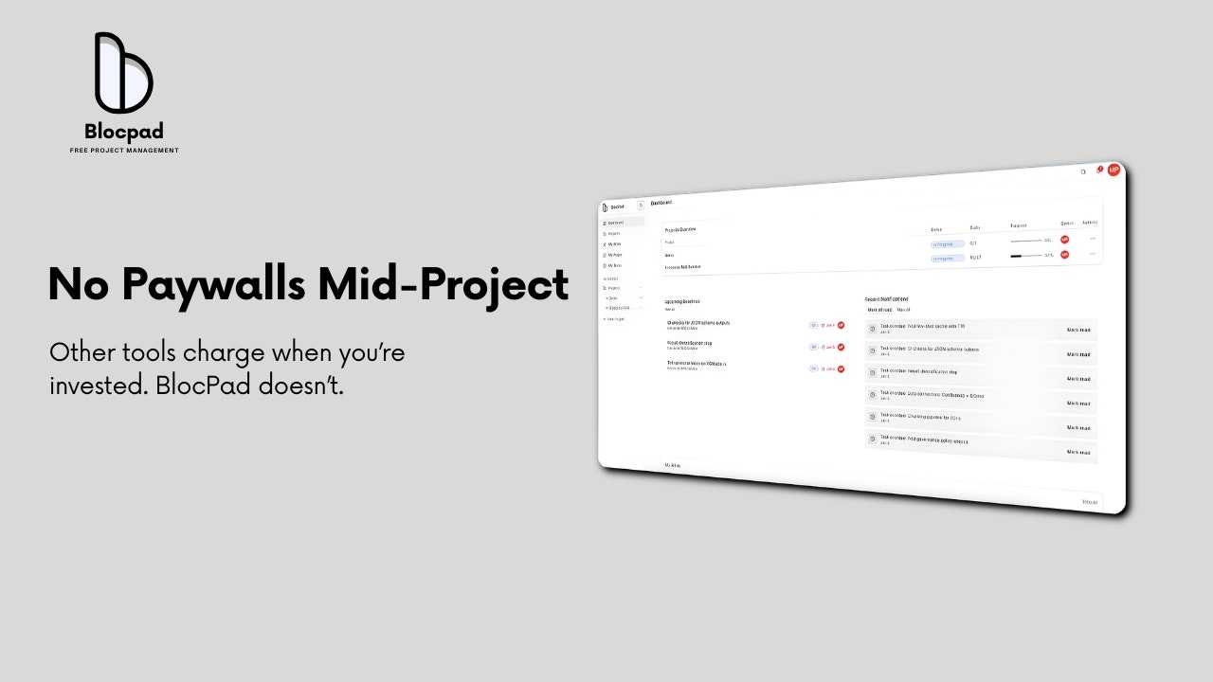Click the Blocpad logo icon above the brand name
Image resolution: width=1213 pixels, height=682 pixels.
tap(123, 73)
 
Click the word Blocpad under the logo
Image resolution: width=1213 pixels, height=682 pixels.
tap(123, 132)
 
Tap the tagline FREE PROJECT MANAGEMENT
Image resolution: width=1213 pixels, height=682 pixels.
tap(124, 151)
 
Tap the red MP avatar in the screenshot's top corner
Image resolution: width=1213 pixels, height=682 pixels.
tap(1113, 170)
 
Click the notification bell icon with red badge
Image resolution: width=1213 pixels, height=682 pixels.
tap(1098, 170)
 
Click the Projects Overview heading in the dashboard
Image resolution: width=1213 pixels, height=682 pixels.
tap(680, 229)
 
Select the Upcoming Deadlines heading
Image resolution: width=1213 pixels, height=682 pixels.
tap(682, 301)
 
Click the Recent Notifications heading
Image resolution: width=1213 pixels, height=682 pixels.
tap(887, 299)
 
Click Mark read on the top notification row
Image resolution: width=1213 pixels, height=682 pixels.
tap(1078, 330)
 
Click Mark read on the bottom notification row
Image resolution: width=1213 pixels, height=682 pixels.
tap(1078, 453)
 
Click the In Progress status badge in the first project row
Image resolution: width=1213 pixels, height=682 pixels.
tap(947, 243)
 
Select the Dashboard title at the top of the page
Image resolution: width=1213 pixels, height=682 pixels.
tap(661, 203)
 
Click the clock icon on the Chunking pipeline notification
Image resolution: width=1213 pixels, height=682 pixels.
tap(873, 417)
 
